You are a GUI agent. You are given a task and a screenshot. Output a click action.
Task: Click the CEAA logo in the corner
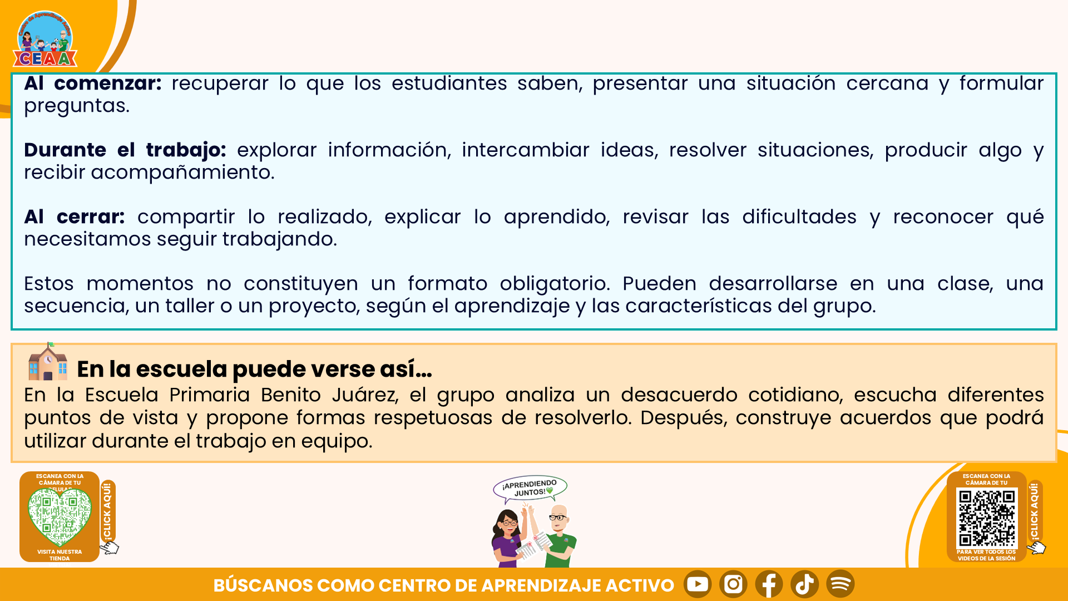(x=44, y=39)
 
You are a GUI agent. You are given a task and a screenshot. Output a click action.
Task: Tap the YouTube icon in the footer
(x=698, y=584)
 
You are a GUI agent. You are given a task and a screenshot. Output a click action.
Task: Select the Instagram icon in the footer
(x=733, y=584)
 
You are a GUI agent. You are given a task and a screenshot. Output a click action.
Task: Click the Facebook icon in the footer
(x=769, y=584)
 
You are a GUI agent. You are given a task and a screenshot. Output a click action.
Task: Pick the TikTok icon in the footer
(x=804, y=584)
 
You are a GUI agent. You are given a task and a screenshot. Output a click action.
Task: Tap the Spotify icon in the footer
(x=840, y=584)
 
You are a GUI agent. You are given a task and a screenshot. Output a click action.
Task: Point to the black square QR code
(x=987, y=518)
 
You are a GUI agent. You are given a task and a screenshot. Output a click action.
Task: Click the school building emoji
(x=48, y=362)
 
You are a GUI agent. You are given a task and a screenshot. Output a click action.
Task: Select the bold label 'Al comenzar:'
(x=93, y=83)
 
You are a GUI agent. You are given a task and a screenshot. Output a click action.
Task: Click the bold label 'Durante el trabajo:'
(x=125, y=150)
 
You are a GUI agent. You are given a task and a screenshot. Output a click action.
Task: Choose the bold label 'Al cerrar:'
(x=75, y=217)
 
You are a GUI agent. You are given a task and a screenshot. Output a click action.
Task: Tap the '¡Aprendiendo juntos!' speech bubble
(x=530, y=489)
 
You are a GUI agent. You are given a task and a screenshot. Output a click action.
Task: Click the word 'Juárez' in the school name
(x=365, y=395)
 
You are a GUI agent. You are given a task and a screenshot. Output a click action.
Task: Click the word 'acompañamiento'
(x=182, y=173)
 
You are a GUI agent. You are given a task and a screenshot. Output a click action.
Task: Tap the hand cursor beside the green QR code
(x=110, y=548)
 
